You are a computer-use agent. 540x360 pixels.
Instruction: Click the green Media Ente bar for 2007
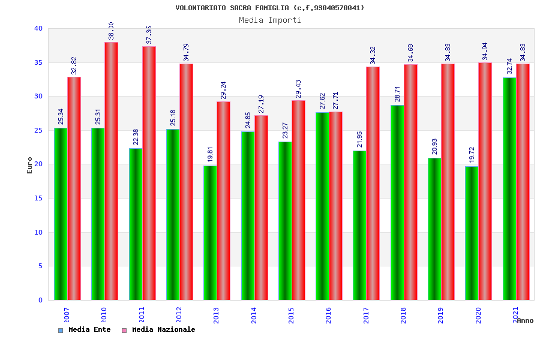[61, 214]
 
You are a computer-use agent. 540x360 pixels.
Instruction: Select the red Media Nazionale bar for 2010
[111, 171]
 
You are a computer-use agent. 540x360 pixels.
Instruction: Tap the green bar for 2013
[210, 233]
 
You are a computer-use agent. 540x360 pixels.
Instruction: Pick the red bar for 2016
[335, 206]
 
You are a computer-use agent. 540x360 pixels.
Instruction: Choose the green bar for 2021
[509, 188]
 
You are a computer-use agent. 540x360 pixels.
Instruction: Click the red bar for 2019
[448, 182]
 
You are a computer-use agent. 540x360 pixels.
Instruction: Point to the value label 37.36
[149, 35]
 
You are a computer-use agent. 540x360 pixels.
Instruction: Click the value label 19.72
[472, 154]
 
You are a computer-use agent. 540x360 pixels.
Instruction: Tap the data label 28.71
[397, 93]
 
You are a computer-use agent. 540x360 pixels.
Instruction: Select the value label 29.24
[223, 90]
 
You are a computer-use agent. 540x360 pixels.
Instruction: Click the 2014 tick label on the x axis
[254, 315]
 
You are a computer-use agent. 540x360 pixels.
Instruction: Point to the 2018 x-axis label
[404, 315]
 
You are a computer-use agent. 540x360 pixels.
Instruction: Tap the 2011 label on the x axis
[142, 315]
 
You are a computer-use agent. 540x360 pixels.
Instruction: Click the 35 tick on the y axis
[38, 62]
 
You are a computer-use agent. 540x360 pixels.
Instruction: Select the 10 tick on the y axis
[38, 232]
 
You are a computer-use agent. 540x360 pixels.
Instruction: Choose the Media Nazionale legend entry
[163, 329]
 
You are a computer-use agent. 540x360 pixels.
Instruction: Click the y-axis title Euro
[30, 165]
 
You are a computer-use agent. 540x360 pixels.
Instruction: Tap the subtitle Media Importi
[270, 20]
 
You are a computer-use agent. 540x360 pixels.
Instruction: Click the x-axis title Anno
[525, 320]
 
